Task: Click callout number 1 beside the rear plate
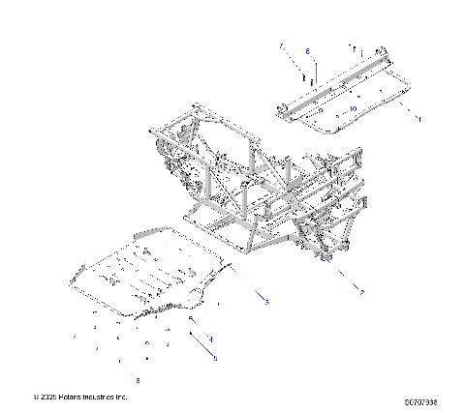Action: pos(418,118)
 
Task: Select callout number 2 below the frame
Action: pos(361,291)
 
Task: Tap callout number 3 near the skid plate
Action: pos(266,304)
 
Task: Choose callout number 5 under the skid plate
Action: pos(215,358)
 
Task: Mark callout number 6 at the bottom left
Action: pos(138,380)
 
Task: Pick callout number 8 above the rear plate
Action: pos(307,50)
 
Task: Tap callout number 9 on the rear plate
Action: pos(320,110)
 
